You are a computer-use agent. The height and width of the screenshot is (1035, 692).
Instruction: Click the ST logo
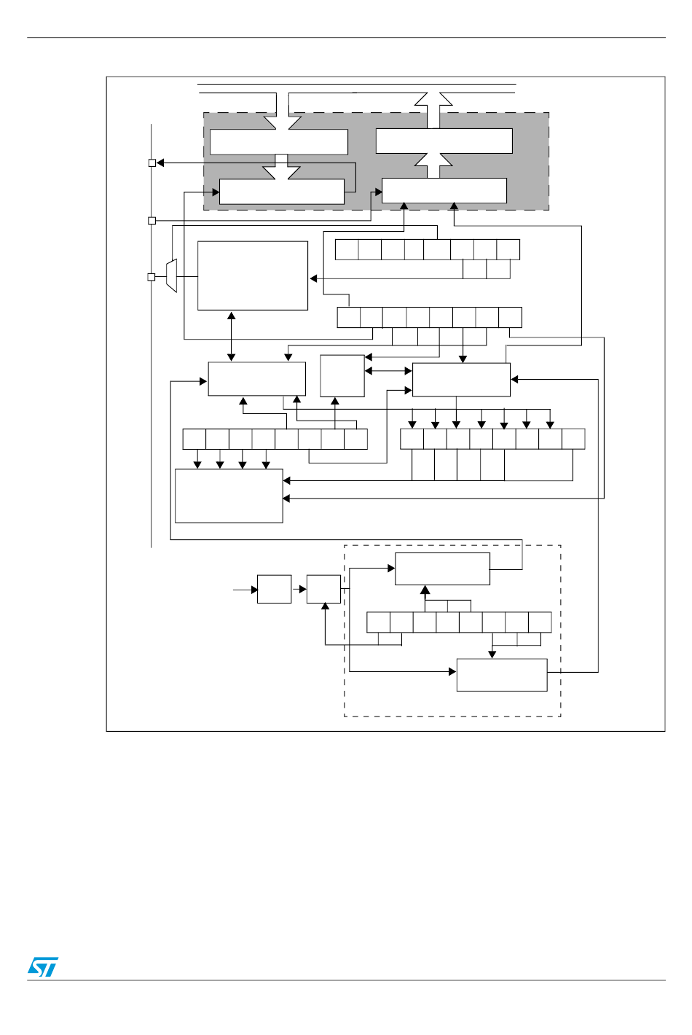42,966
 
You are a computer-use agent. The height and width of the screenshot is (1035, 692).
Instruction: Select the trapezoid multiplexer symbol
171,276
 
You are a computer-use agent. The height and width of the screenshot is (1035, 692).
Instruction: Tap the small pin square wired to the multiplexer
152,277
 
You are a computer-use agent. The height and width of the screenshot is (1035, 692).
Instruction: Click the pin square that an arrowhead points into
152,163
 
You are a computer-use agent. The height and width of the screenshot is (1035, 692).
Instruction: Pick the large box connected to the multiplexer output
253,276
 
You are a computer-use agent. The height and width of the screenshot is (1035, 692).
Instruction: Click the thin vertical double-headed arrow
232,336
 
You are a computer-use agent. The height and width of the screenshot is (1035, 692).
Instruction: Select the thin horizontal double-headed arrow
388,371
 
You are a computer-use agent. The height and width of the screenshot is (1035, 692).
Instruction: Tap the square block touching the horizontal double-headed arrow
342,375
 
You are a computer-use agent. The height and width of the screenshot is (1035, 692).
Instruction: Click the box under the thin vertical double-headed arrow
256,379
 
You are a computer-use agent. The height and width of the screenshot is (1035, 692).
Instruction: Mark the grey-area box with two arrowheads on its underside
444,190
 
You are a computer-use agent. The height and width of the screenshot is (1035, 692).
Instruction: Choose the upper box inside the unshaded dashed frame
442,569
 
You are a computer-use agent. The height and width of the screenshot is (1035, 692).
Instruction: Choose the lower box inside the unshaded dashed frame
501,674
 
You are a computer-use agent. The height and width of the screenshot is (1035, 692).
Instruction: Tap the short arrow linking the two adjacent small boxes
299,589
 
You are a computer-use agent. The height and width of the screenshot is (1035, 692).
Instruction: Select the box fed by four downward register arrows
229,496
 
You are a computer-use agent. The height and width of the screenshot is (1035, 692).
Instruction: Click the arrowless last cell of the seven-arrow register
573,439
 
